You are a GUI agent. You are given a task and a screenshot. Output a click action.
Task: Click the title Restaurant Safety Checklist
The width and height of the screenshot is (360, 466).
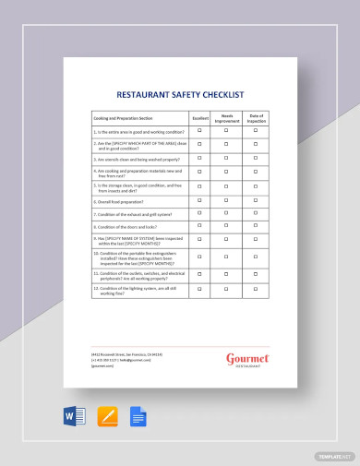click(x=180, y=93)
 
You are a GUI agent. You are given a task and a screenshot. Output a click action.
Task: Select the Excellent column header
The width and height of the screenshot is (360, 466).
click(x=199, y=118)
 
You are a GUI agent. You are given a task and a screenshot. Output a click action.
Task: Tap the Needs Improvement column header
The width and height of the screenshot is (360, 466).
click(x=226, y=118)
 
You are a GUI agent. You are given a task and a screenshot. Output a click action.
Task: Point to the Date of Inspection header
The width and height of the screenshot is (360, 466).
click(x=256, y=118)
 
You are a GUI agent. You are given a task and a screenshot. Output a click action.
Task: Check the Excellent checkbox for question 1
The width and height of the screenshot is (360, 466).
click(x=199, y=131)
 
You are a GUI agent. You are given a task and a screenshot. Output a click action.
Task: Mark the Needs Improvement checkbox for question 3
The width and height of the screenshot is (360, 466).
click(x=226, y=157)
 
